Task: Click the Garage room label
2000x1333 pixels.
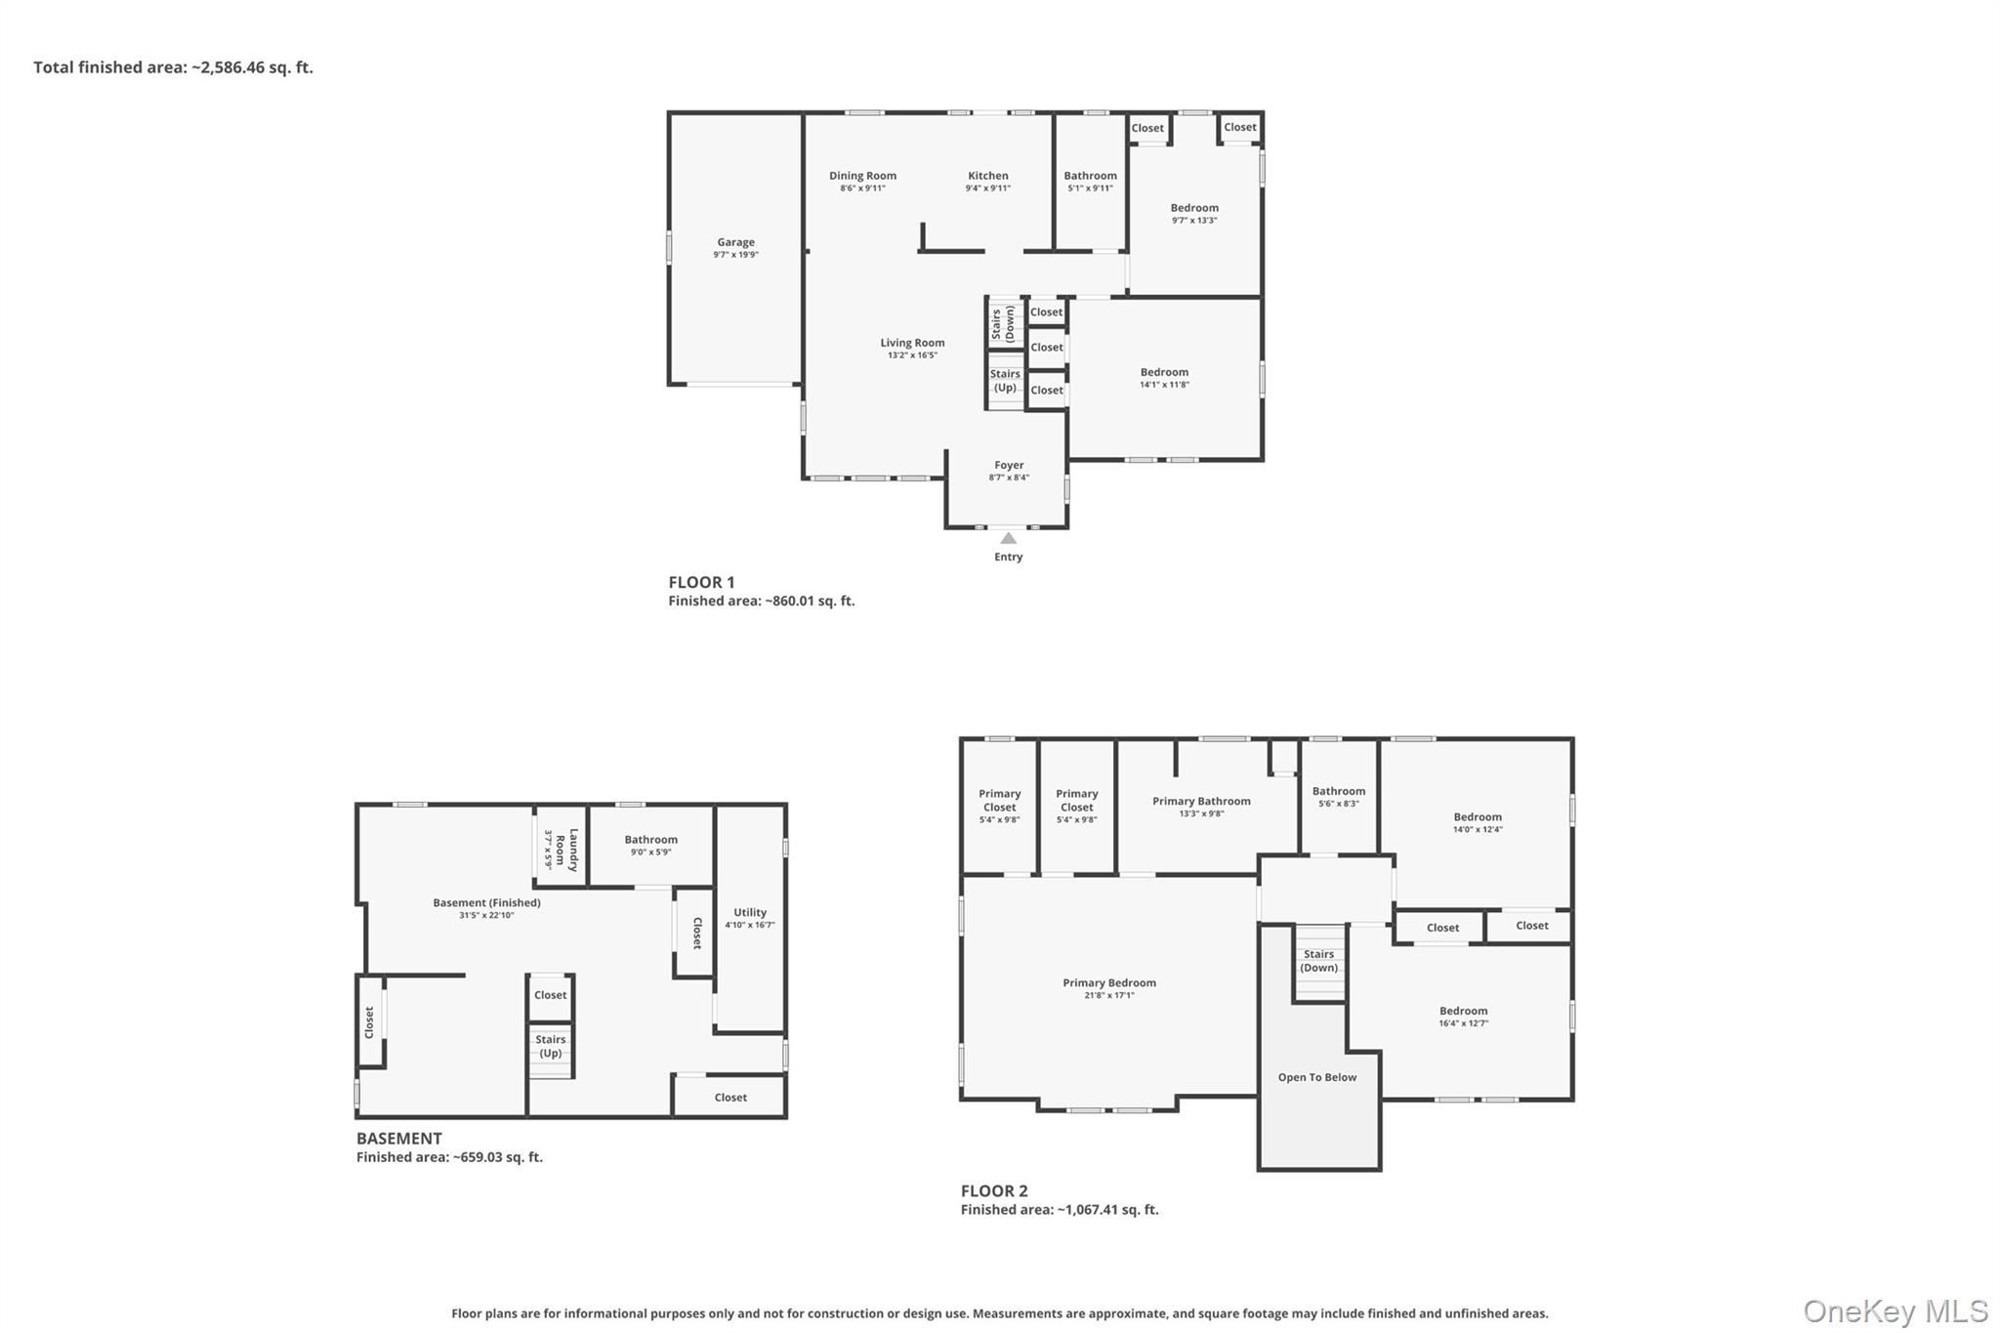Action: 735,242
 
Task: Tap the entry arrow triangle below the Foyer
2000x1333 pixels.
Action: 1008,538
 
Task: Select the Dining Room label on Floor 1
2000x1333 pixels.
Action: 862,176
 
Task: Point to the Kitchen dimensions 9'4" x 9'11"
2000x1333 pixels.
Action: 987,188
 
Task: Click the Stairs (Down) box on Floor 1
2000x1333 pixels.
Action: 1004,322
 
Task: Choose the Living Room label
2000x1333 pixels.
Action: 912,343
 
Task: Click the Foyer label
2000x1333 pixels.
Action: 1009,466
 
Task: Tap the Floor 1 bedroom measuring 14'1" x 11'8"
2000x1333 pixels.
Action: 1164,377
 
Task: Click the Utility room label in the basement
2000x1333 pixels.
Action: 750,912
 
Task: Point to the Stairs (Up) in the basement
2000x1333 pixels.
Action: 551,1046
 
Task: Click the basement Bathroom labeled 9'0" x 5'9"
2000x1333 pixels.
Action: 650,845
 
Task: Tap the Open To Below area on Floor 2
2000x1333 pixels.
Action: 1316,1077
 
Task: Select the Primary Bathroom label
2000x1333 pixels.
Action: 1201,801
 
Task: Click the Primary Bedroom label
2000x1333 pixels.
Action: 1109,982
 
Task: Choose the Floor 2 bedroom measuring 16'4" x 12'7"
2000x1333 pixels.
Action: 1463,1017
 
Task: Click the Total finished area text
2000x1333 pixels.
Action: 173,67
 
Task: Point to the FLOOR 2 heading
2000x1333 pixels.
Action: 993,1190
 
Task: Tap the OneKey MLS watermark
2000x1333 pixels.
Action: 1895,1311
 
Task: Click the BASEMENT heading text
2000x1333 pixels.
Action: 398,1138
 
